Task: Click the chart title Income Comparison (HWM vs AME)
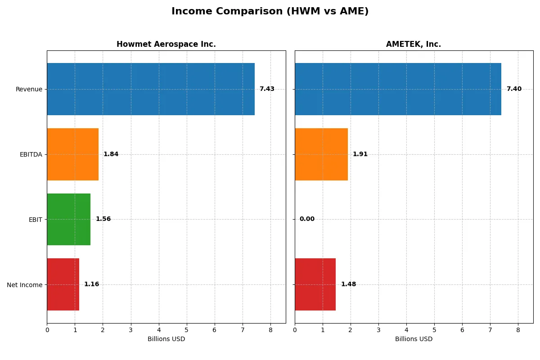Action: tap(270, 12)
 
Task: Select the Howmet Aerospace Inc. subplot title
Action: tap(166, 44)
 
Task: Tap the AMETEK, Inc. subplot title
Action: tap(413, 44)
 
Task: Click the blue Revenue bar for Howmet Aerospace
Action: tap(151, 89)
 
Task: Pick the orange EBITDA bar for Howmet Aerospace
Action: tap(72, 154)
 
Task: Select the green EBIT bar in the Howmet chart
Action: tap(68, 219)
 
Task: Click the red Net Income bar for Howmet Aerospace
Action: tap(63, 284)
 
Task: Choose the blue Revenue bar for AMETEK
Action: tap(398, 89)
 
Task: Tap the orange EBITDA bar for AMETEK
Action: tap(321, 154)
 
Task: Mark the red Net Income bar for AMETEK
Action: tap(315, 284)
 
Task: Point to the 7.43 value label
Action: tap(267, 89)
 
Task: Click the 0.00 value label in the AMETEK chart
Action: tap(307, 219)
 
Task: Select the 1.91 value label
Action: tap(360, 154)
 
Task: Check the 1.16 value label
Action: tap(91, 284)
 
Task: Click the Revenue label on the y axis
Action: tap(29, 89)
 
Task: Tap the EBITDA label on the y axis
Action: tap(31, 154)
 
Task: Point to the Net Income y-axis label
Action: tap(24, 284)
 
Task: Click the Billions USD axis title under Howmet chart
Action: tap(166, 339)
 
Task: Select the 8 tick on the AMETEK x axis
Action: tap(518, 330)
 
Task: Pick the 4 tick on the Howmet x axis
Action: tap(159, 330)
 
